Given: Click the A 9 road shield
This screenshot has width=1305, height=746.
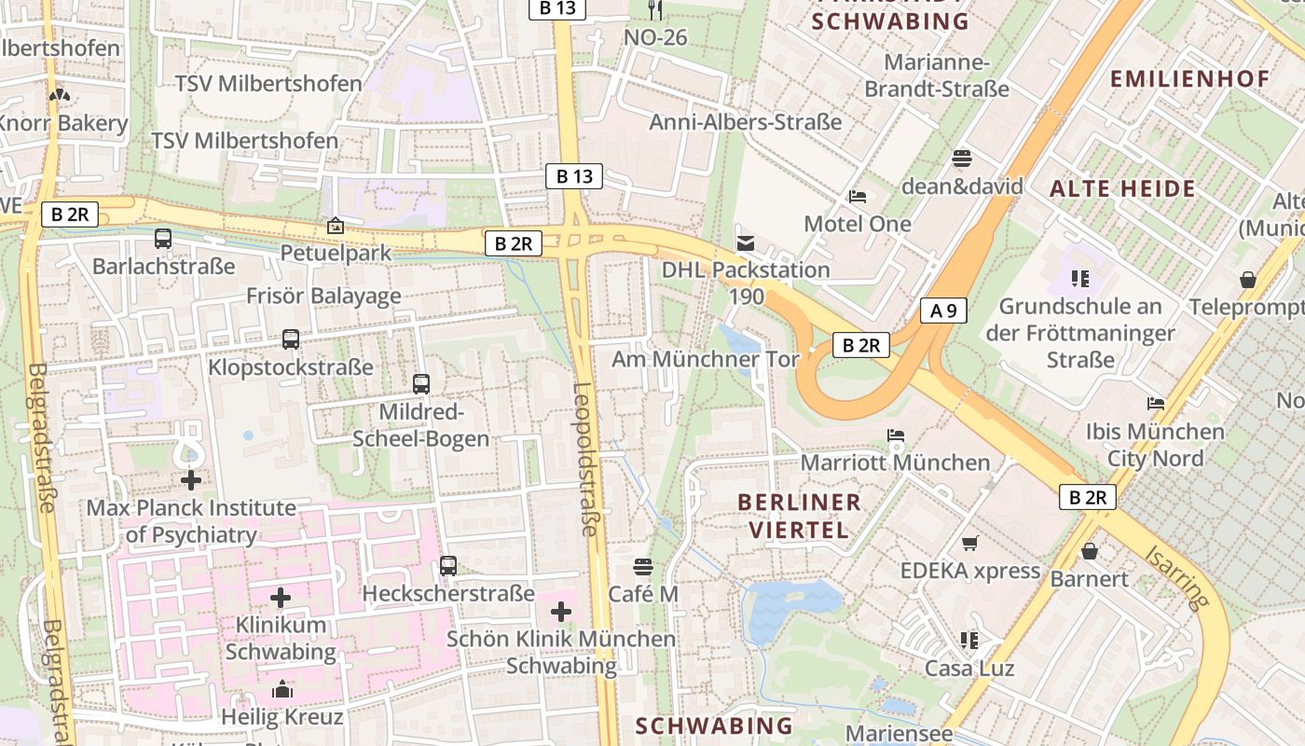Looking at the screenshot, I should tap(943, 311).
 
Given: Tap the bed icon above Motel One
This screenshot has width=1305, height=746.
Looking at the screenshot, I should tap(858, 197).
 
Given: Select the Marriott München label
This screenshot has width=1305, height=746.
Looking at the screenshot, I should tap(895, 463).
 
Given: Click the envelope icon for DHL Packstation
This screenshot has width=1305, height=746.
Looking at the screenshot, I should tap(745, 243).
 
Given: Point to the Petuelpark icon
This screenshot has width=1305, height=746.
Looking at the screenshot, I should tap(335, 226).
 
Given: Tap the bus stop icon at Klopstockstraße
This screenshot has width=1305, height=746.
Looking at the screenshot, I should tap(291, 339).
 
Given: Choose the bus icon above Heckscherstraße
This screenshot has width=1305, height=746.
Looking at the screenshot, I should tap(448, 566).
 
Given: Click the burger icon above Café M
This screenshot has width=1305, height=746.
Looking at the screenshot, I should tap(642, 567).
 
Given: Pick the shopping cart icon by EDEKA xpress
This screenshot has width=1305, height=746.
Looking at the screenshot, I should tap(969, 543).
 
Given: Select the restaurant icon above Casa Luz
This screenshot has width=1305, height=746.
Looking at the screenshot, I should tap(969, 641).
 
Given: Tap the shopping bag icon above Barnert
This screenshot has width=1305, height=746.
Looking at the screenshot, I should tap(1089, 551).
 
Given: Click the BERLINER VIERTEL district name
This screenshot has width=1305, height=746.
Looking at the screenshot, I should tap(799, 516).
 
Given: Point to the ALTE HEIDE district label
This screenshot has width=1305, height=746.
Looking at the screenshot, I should tap(1122, 189).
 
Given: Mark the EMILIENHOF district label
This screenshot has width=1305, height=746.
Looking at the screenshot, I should tap(1189, 79).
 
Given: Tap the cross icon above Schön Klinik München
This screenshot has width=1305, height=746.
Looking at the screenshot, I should tap(560, 612).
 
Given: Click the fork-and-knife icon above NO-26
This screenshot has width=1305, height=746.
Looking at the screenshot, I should tap(655, 10).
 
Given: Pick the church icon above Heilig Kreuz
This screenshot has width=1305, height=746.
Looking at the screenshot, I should tap(282, 690).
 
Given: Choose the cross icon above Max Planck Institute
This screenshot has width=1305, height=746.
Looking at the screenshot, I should tap(191, 481).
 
